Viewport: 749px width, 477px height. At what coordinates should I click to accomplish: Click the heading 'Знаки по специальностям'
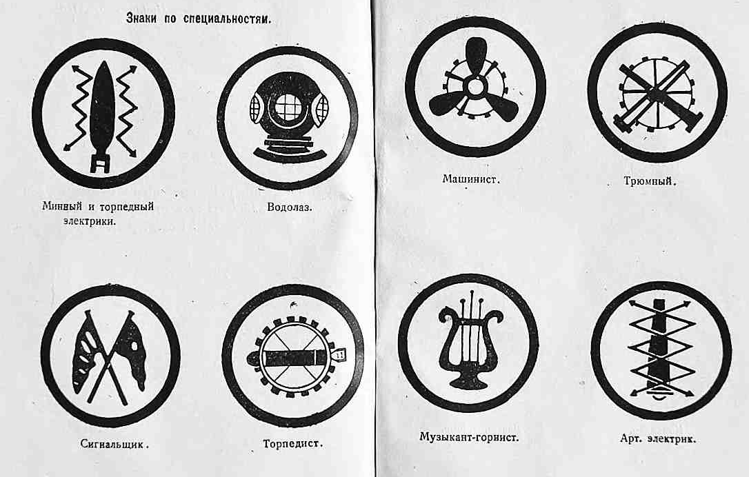(198, 19)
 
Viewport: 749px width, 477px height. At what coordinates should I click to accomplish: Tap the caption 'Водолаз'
(290, 207)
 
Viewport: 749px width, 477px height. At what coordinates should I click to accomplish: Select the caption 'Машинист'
(471, 179)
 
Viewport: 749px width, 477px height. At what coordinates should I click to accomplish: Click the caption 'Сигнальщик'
(114, 444)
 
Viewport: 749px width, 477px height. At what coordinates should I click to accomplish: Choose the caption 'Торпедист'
(293, 444)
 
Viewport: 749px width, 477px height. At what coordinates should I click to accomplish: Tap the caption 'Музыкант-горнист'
(469, 437)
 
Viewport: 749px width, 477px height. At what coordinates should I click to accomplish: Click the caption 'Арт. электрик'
(658, 439)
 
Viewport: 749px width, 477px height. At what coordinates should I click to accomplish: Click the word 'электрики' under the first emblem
(90, 221)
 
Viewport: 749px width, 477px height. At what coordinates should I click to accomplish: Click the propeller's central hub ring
(475, 87)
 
